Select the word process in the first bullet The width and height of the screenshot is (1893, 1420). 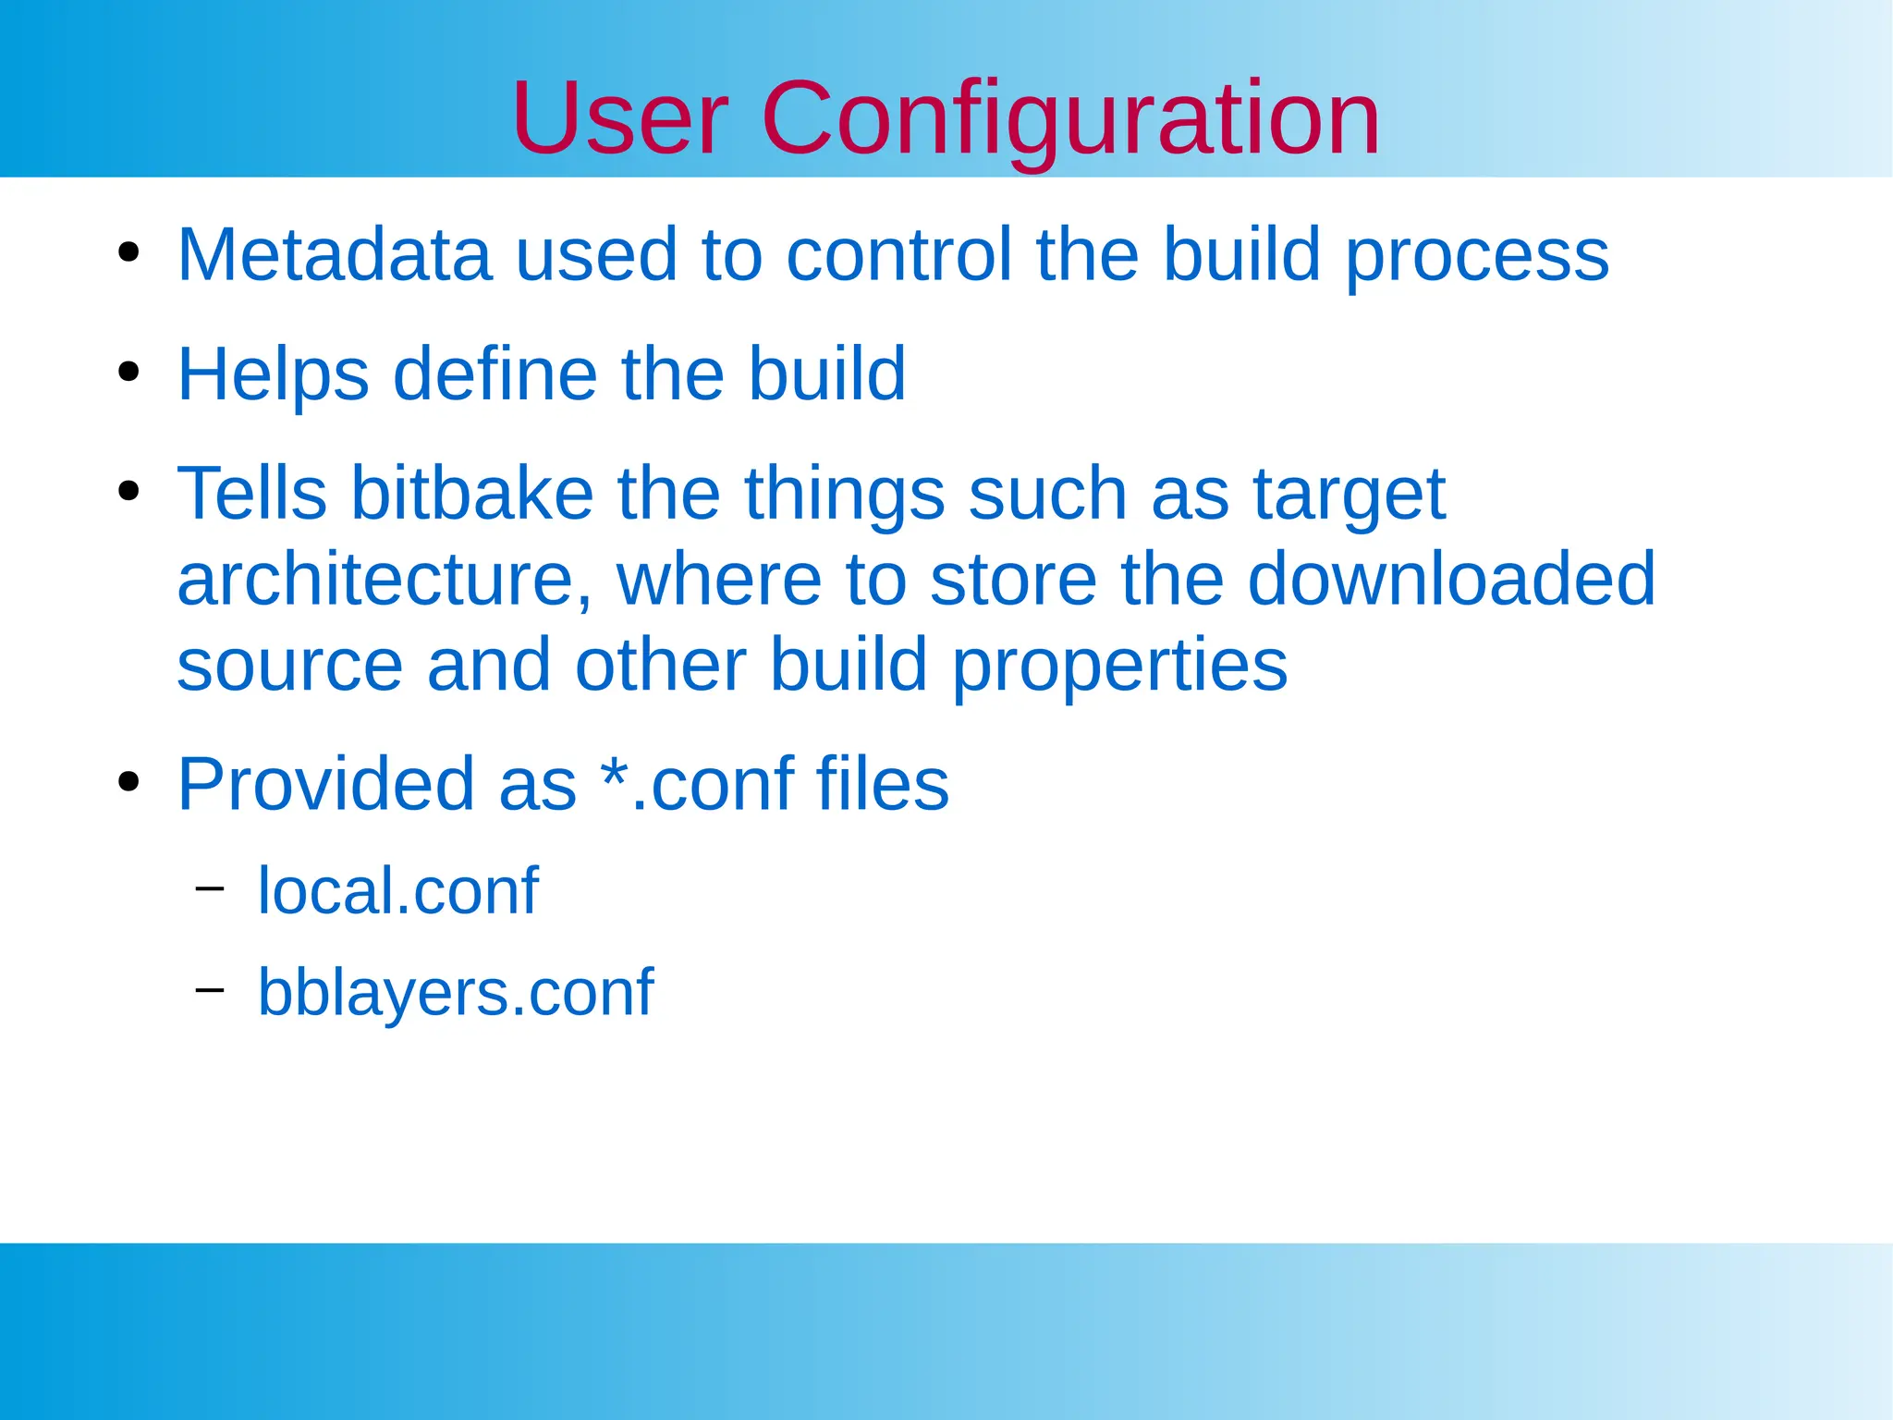tap(1477, 256)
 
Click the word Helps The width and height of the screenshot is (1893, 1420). tap(273, 374)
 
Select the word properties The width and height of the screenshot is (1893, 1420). tap(1119, 666)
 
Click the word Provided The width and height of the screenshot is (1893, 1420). tap(325, 784)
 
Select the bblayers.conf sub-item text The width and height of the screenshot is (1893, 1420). tap(455, 992)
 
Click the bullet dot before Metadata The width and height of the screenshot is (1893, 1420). tap(128, 252)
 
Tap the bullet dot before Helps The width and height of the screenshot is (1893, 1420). tap(128, 372)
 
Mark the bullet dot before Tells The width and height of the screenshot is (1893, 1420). tap(128, 491)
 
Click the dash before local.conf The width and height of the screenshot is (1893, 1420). tap(210, 888)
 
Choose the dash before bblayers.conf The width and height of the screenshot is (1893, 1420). tap(210, 990)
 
